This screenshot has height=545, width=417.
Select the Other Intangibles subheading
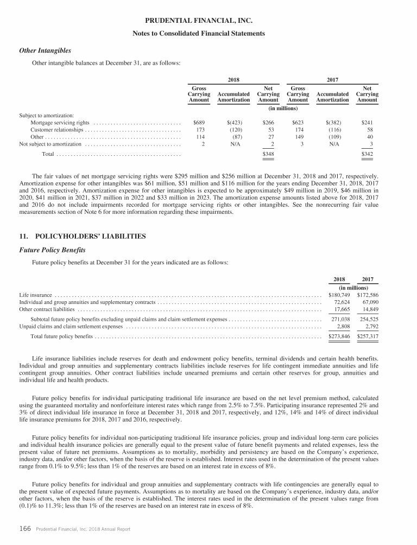pos(45,50)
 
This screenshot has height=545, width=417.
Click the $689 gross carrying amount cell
pos(199,123)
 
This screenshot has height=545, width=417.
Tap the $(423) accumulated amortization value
pos(234,123)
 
